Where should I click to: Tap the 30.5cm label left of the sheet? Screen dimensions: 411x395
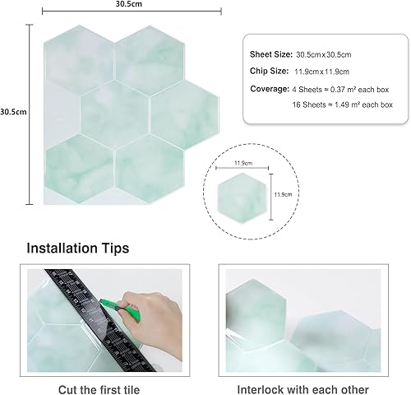tap(13, 112)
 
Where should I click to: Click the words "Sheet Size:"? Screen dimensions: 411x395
tap(271, 54)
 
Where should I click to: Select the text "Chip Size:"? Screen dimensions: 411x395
tap(269, 71)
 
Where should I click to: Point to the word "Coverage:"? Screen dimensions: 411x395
tap(270, 89)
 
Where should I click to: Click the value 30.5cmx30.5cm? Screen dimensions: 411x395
tap(324, 54)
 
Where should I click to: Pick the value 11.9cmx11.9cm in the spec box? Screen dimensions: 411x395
tap(321, 72)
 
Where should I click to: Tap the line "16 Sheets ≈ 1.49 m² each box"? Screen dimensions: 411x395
tap(343, 105)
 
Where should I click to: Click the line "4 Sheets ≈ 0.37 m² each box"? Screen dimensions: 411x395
tap(340, 90)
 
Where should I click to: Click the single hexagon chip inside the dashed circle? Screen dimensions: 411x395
tap(242, 197)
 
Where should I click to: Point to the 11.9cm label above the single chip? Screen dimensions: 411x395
tap(243, 163)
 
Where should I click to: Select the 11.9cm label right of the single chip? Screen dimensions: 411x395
tap(283, 194)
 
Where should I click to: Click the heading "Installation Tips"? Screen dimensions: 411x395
tap(78, 248)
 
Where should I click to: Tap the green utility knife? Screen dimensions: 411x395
tap(121, 309)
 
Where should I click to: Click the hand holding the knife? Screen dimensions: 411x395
tap(154, 319)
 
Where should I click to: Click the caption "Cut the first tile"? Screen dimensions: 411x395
tap(99, 389)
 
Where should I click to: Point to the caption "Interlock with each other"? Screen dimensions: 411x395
tap(302, 389)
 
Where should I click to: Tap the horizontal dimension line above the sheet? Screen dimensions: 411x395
tap(132, 12)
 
